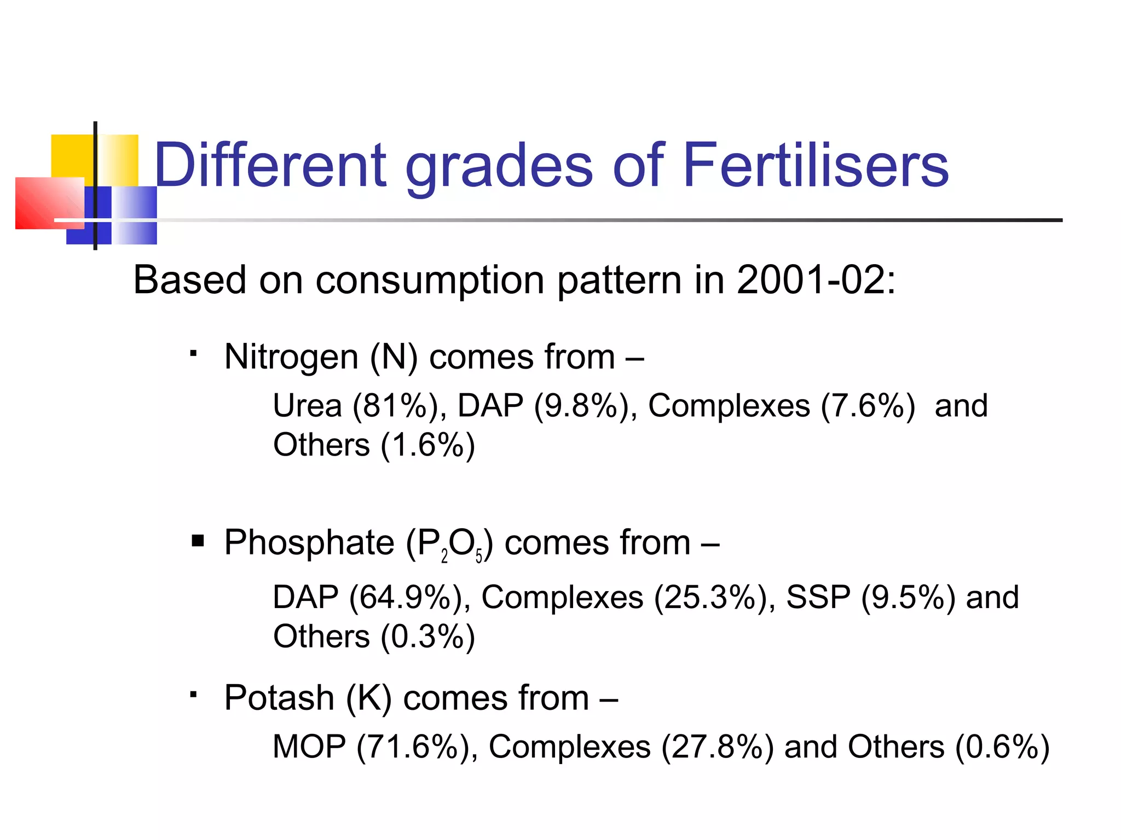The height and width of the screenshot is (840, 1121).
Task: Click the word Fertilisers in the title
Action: (x=816, y=165)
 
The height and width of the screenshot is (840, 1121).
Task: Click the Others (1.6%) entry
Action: (x=374, y=445)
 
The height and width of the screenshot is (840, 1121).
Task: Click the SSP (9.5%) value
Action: (x=870, y=597)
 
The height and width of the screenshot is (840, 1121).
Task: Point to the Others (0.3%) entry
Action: (x=374, y=637)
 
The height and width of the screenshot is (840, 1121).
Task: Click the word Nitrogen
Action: (x=291, y=357)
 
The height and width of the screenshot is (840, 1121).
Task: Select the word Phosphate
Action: (x=309, y=543)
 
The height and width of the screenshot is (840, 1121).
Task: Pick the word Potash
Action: (x=279, y=698)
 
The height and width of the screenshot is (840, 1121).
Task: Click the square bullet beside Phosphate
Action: (x=198, y=541)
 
